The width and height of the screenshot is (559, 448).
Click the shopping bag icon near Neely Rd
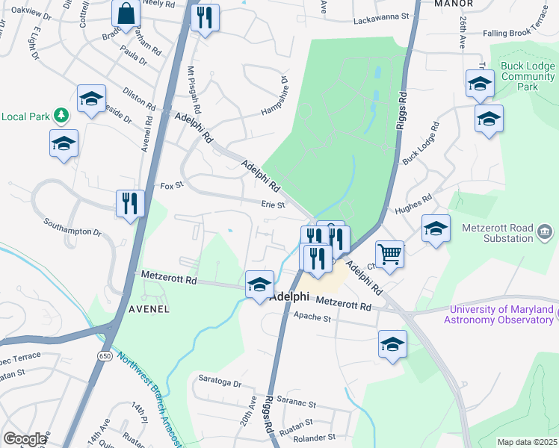pos(126,13)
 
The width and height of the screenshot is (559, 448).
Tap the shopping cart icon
pos(389,255)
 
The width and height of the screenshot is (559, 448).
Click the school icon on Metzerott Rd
pos(259,284)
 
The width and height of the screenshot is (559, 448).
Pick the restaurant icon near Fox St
pos(130,202)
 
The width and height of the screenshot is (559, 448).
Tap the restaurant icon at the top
pos(204,16)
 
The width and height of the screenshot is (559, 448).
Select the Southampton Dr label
pos(72,226)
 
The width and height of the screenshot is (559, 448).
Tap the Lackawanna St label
pos(384,15)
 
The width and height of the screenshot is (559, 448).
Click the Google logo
pos(25,439)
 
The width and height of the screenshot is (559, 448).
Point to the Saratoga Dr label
pos(217,384)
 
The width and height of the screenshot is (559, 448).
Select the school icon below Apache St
pos(392,344)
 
